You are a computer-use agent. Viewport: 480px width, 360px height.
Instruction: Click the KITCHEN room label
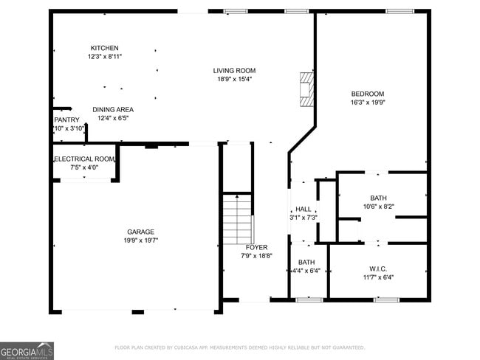104,48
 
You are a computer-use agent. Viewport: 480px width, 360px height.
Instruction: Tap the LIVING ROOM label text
234,71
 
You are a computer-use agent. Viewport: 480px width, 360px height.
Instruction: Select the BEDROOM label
367,94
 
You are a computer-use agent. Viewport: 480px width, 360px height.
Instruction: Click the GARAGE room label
140,232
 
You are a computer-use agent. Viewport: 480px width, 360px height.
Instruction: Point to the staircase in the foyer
238,218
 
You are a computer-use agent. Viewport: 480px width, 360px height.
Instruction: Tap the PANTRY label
66,120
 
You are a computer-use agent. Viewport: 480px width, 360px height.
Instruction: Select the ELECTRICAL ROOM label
84,159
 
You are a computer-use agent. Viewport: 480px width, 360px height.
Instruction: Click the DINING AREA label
113,109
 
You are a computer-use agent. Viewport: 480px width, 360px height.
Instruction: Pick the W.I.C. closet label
377,269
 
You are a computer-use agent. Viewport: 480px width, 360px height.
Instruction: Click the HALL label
303,209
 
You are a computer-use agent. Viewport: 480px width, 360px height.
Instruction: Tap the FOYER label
256,247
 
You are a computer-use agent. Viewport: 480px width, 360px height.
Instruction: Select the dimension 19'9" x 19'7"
140,240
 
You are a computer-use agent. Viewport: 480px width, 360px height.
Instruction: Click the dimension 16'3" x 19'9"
367,103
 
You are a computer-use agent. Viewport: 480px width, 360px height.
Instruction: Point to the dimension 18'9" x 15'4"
234,80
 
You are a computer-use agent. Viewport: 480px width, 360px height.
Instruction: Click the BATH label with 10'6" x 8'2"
378,198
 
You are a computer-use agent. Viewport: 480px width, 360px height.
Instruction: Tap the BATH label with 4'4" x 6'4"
306,263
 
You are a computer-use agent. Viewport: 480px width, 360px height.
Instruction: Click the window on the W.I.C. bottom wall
385,300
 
